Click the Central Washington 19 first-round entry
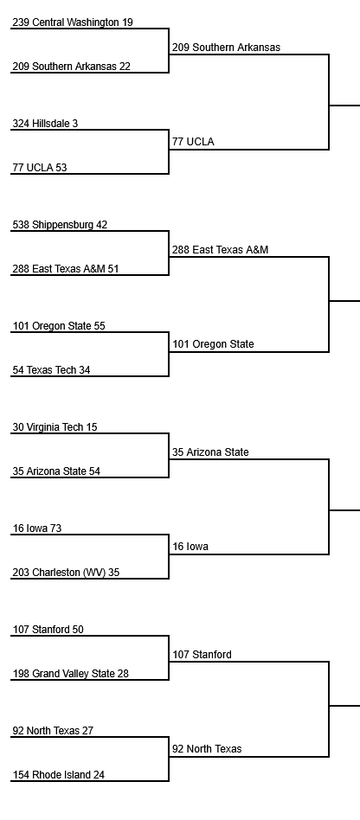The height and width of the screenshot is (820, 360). tap(73, 22)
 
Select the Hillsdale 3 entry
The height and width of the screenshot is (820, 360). tap(45, 124)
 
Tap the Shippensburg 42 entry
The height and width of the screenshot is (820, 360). tap(60, 225)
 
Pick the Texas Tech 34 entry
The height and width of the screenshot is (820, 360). tap(51, 370)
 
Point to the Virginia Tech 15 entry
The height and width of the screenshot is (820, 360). tap(55, 427)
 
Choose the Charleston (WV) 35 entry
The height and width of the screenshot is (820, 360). tap(66, 573)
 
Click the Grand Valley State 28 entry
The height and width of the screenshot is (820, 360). tap(71, 674)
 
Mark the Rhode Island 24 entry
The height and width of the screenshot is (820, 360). tap(59, 775)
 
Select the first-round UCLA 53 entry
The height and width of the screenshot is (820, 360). tap(40, 168)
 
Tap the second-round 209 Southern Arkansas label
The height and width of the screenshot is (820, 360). tap(226, 48)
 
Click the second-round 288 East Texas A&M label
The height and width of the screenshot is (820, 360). tap(221, 250)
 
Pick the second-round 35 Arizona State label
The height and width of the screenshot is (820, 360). tap(210, 452)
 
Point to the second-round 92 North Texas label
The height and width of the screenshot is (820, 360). tap(207, 749)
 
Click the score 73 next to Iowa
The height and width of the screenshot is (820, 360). tap(55, 529)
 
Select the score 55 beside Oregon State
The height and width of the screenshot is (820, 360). tap(100, 326)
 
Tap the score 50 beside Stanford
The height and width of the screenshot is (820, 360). tap(77, 630)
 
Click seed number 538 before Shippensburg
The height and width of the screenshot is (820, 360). tap(21, 225)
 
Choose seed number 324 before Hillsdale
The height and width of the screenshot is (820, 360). tap(21, 124)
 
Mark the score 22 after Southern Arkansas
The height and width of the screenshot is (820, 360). tap(125, 67)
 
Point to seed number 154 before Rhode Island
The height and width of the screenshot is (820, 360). tap(21, 775)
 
